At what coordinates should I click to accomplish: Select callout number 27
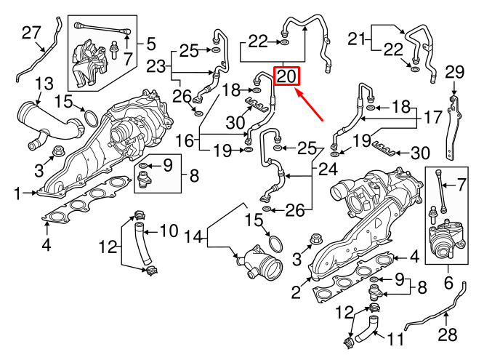click(31, 33)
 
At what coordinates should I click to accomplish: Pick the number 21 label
click(357, 38)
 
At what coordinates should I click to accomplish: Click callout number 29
click(453, 72)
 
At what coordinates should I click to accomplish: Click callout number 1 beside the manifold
click(16, 193)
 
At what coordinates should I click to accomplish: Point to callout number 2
click(295, 292)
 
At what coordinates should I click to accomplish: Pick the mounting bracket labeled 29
click(455, 124)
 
